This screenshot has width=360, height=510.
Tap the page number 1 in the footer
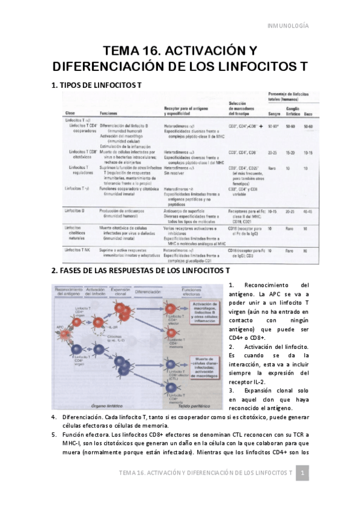click(304, 475)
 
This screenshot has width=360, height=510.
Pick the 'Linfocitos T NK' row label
click(80, 248)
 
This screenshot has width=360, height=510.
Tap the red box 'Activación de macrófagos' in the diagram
click(208, 314)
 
